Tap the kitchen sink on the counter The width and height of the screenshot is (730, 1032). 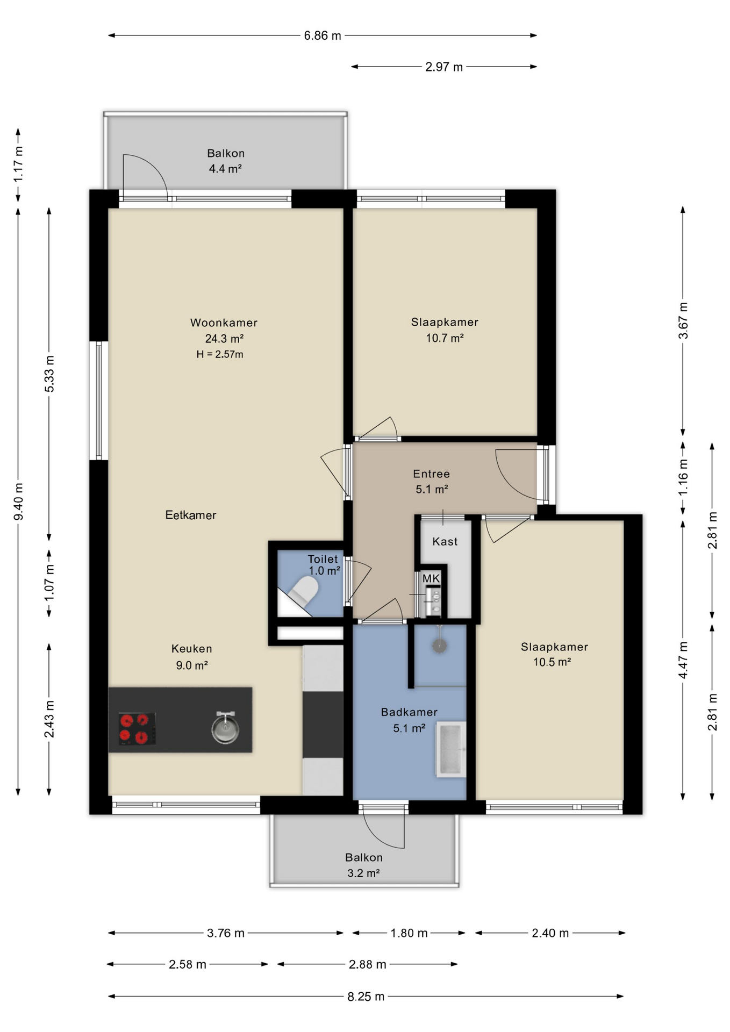point(225,727)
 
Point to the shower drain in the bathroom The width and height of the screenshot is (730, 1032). point(440,646)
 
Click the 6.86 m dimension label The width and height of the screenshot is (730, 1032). point(323,36)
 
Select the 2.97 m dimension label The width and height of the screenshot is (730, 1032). point(444,67)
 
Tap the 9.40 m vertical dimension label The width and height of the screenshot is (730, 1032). point(19,501)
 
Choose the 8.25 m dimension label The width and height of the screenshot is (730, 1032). point(366,997)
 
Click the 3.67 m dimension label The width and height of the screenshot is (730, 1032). point(683,320)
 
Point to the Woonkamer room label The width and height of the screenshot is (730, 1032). point(224,323)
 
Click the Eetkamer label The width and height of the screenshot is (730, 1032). point(191,515)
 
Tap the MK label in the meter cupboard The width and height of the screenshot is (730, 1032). point(431,578)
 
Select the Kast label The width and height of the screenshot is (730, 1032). point(445,541)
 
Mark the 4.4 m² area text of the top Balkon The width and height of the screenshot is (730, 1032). point(225,169)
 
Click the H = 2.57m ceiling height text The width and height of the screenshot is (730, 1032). point(220,354)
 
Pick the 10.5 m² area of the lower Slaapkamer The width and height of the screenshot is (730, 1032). point(552,662)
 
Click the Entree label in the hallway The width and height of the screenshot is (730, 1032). point(431,474)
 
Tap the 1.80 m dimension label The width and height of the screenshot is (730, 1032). point(409,933)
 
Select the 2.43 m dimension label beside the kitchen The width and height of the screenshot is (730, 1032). point(49,719)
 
